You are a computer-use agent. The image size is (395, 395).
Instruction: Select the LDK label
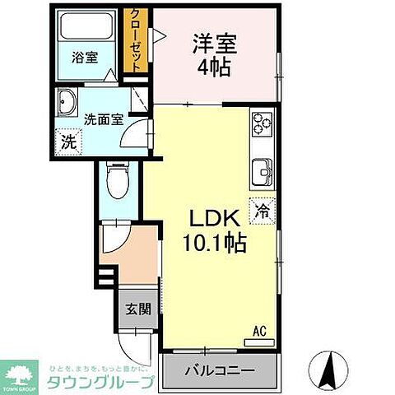[216, 221]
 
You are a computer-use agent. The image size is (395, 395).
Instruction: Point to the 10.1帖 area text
[216, 244]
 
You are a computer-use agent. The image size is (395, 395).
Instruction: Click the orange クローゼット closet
[133, 41]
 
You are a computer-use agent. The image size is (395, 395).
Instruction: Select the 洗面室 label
[106, 118]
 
